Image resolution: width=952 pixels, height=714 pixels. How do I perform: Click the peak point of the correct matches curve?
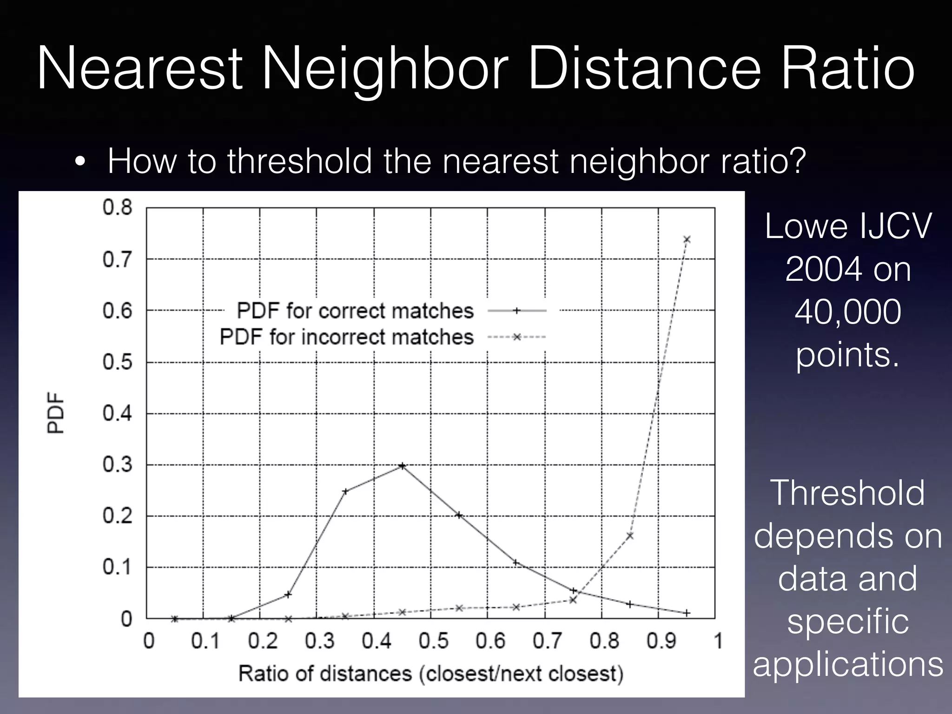[x=403, y=465]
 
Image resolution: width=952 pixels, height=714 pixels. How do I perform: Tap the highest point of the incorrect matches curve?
[x=687, y=239]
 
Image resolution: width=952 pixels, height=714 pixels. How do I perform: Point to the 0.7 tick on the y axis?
[x=117, y=259]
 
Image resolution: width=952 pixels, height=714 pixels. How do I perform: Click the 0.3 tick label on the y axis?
[x=117, y=465]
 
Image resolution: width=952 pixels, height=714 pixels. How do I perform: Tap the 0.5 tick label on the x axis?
[x=433, y=641]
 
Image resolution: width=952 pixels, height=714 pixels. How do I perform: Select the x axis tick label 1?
[x=718, y=641]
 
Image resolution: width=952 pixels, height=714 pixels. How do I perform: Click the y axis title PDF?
[x=56, y=413]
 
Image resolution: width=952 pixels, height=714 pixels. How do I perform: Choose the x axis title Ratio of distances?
[x=430, y=674]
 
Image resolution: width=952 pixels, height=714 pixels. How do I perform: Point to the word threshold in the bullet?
[x=299, y=161]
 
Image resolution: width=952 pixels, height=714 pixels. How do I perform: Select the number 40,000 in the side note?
[x=847, y=312]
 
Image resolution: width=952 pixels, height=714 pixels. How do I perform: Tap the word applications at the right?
[x=848, y=664]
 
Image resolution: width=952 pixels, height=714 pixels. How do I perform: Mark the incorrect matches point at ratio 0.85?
[x=630, y=536]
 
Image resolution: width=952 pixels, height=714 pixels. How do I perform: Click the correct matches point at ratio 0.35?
[x=345, y=491]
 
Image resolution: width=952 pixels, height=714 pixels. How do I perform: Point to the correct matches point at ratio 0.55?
[x=459, y=515]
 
